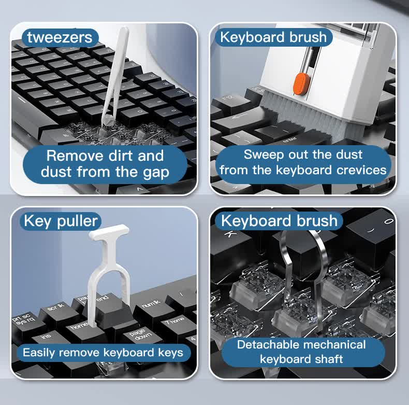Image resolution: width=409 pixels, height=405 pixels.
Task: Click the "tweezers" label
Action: click(60, 37)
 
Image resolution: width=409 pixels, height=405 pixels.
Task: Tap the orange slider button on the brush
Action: click(299, 83)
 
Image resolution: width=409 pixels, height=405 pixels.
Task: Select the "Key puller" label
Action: click(61, 221)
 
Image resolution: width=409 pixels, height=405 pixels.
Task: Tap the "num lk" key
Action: click(151, 304)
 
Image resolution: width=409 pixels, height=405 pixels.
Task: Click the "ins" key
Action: click(47, 338)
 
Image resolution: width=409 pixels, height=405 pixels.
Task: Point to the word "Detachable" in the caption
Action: click(268, 345)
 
